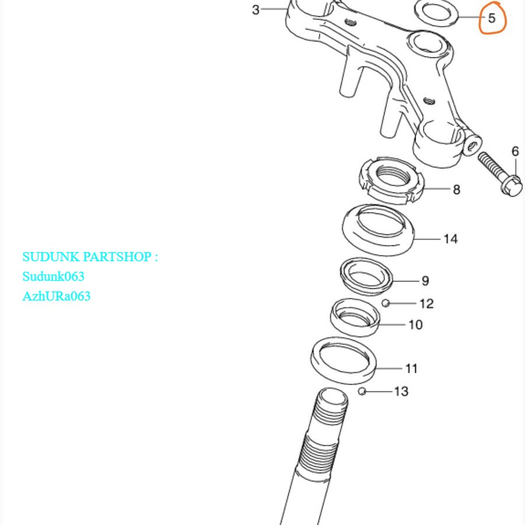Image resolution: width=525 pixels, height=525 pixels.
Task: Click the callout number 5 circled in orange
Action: click(491, 18)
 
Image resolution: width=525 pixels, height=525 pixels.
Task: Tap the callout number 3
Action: click(256, 10)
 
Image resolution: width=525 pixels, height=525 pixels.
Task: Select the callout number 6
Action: click(515, 152)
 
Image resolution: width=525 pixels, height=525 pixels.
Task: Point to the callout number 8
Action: click(456, 190)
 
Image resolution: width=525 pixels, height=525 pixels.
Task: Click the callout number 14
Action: click(450, 239)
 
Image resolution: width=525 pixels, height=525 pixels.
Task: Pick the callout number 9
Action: click(425, 281)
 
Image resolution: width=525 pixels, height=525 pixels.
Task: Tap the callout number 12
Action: click(426, 303)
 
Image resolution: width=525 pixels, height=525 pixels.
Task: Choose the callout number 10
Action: click(415, 324)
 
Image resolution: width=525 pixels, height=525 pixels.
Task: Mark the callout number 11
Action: click(411, 368)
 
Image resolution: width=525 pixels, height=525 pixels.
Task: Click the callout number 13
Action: click(401, 391)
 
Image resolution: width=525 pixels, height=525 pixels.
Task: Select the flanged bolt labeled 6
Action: click(499, 174)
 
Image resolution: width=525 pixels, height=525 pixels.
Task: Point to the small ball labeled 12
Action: click(386, 303)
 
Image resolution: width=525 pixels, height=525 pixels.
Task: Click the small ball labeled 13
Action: click(362, 391)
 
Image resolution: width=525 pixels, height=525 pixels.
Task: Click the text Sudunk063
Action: click(53, 276)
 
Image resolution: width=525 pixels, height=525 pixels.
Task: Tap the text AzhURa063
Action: click(57, 296)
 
